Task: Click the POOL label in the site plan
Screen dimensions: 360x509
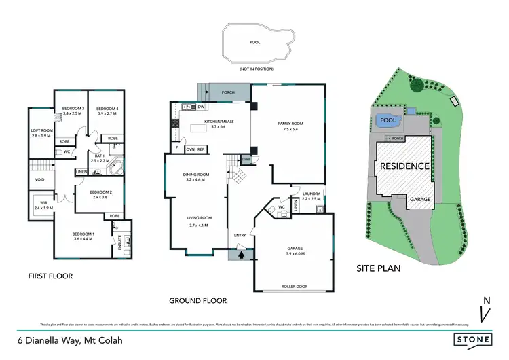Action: pyautogui.click(x=387, y=120)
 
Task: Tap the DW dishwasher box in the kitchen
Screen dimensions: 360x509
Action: pyautogui.click(x=202, y=107)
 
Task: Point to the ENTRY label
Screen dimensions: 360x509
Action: pyautogui.click(x=240, y=235)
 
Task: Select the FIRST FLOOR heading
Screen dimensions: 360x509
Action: pyautogui.click(x=50, y=276)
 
